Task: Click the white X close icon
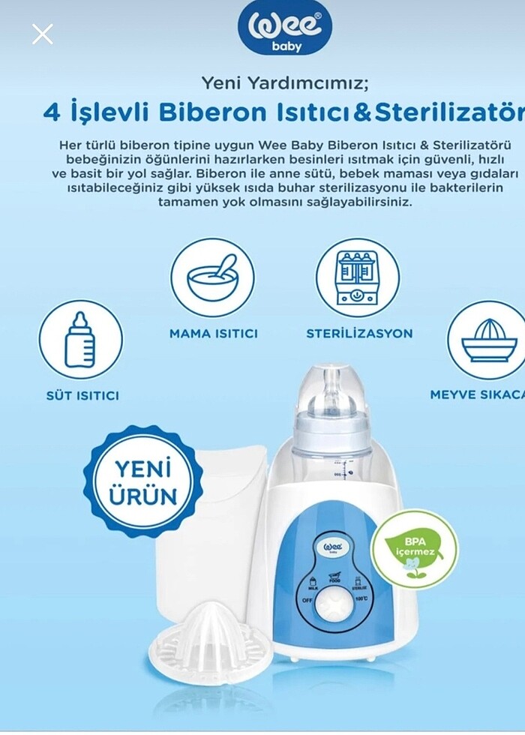[x=43, y=34]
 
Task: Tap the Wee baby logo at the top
[x=285, y=28]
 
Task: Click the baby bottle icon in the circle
[x=80, y=339]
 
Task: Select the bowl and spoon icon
[x=212, y=277]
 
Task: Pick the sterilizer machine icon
[x=357, y=277]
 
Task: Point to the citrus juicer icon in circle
[x=488, y=340]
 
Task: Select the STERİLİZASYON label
[x=358, y=334]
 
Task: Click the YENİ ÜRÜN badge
[x=142, y=481]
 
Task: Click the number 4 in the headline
[x=51, y=112]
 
